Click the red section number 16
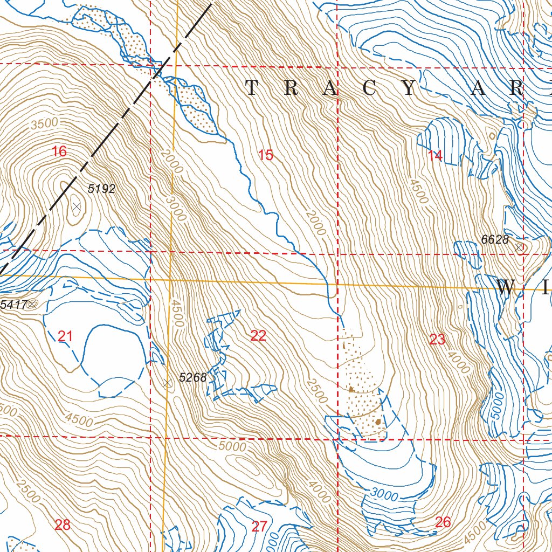59,151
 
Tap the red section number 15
265,156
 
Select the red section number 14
435,156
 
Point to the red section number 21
65,337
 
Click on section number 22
258,336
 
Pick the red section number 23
437,340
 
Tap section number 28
63,525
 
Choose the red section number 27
259,527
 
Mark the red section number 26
443,522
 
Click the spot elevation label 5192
101,189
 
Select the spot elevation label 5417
13,305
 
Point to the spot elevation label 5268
192,377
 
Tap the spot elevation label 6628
495,239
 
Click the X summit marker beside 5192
76,206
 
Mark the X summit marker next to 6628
519,247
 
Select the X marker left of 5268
168,383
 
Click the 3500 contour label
44,123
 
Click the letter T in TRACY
252,88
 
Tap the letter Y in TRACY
410,88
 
